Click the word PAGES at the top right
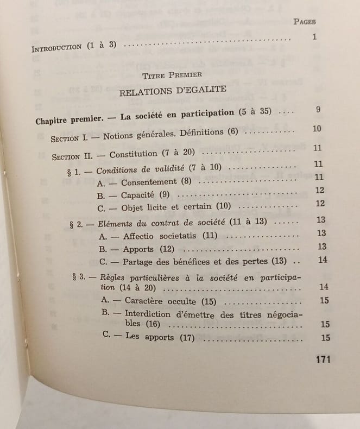(x=305, y=21)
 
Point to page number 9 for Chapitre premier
(x=318, y=110)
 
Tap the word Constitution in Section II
(x=134, y=155)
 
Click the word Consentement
(x=149, y=182)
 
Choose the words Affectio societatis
(x=155, y=236)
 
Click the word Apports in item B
(x=138, y=249)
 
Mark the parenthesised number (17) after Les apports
(x=188, y=338)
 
